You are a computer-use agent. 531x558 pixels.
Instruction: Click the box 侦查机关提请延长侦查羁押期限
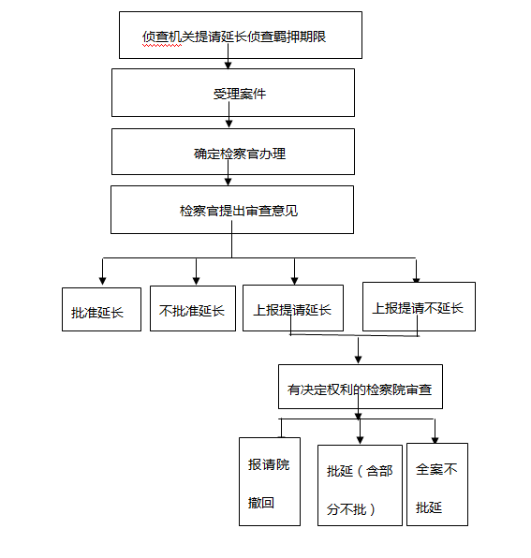(x=241, y=35)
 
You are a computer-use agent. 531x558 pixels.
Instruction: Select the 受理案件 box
(x=233, y=93)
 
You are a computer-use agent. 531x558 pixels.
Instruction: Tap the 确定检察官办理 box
(x=233, y=152)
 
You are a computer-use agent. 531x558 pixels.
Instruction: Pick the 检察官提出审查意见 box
(x=232, y=210)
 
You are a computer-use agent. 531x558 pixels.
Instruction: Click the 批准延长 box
(x=101, y=309)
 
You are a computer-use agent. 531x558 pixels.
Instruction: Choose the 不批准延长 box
(x=193, y=308)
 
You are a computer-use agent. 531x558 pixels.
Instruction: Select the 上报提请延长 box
(x=293, y=308)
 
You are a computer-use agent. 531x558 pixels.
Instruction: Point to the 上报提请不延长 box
(x=419, y=306)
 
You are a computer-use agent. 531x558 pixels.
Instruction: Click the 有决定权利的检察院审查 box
(x=361, y=387)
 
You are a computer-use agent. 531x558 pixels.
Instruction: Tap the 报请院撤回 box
(x=270, y=481)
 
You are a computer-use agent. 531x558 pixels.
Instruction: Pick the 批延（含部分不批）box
(x=361, y=485)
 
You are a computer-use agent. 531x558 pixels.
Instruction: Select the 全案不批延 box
(x=437, y=484)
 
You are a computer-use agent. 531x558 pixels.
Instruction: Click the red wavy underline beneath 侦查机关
(x=162, y=46)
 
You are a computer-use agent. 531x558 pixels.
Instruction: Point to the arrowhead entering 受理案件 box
(x=229, y=66)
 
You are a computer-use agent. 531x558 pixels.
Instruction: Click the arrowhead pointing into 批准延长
(x=102, y=281)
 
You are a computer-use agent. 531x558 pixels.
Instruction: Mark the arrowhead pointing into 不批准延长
(x=196, y=281)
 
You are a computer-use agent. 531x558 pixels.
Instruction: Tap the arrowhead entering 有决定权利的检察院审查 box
(x=359, y=360)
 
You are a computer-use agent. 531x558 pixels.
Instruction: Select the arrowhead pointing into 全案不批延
(x=435, y=440)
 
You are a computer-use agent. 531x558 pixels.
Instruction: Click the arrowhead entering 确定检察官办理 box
(x=229, y=124)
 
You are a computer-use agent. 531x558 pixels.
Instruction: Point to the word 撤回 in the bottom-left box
(x=261, y=503)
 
